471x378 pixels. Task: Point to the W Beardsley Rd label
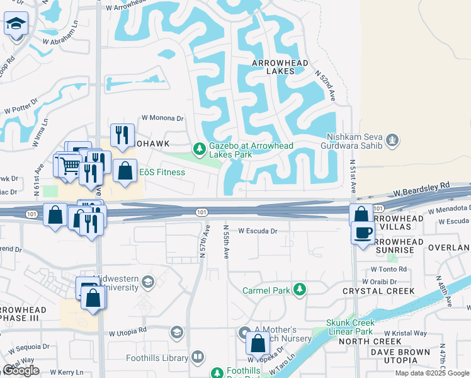pos(422,186)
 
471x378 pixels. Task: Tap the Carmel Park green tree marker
pos(300,290)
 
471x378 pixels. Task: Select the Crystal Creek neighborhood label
pos(378,291)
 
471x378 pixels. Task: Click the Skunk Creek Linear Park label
pos(350,327)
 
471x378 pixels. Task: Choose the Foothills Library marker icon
pos(198,357)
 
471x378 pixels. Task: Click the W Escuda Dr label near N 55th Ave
pos(258,231)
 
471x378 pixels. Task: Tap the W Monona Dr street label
pos(162,118)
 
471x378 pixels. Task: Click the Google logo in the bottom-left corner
pos(21,370)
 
